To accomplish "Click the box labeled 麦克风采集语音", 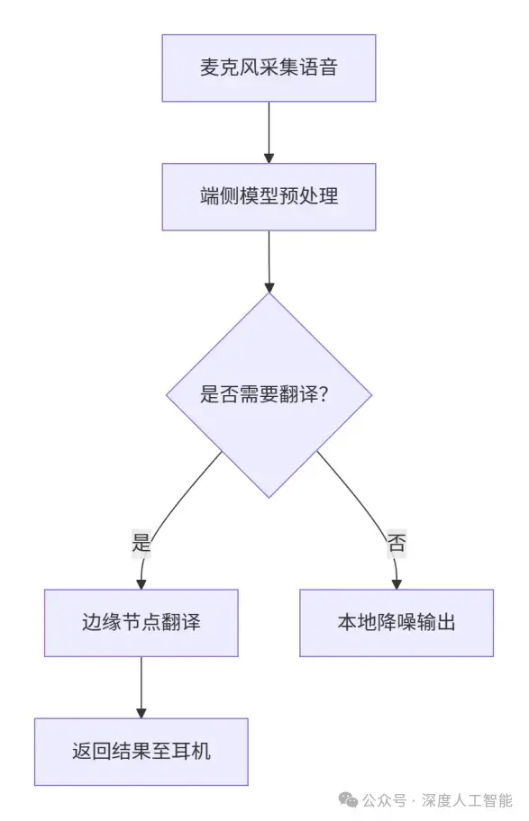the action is click(269, 68).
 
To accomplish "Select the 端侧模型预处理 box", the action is click(269, 197).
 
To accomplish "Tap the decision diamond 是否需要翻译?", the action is click(269, 395).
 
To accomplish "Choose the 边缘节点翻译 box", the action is click(141, 623).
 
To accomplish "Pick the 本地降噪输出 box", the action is click(397, 623).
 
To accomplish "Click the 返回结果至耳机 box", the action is click(141, 752).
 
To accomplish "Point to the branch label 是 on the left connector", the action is click(141, 543).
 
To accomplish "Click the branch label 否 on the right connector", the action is click(397, 543).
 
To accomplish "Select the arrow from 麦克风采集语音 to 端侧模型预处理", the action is click(269, 132).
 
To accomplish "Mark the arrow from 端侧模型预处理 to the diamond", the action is click(269, 261).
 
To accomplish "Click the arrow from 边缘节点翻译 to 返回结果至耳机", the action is click(141, 687).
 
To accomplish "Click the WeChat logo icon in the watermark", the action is click(349, 800).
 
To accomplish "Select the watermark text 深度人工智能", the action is click(467, 800).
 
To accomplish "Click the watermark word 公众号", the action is click(384, 800).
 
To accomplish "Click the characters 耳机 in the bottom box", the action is click(191, 752).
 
